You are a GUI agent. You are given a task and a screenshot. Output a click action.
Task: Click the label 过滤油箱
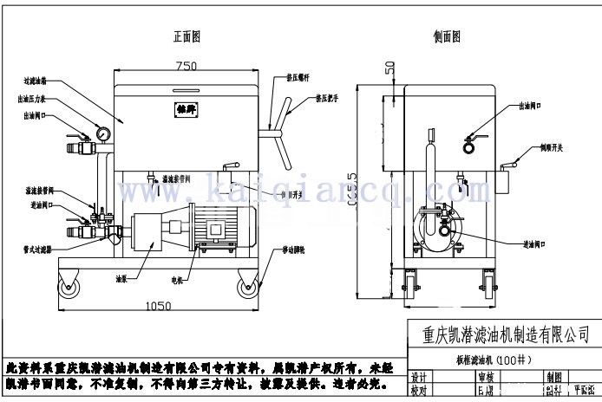coord(36,80)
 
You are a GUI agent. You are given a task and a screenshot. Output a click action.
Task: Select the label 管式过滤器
coord(36,248)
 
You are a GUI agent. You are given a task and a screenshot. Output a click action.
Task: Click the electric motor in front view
coord(213,231)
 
